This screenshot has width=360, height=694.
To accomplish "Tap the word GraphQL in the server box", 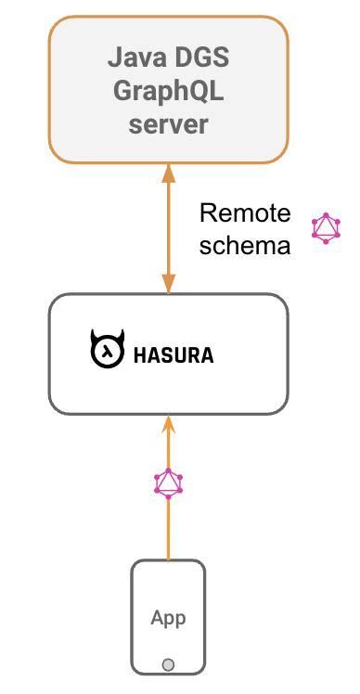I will (x=168, y=94).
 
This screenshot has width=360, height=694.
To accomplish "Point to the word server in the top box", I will (x=168, y=123).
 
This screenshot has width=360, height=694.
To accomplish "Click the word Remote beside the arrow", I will (x=245, y=215).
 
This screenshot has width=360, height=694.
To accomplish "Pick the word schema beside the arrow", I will (x=245, y=246).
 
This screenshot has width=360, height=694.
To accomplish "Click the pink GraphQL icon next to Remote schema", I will (x=327, y=228).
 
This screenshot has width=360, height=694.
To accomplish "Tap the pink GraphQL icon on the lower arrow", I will (x=168, y=482).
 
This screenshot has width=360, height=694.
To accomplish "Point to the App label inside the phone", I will (x=168, y=618).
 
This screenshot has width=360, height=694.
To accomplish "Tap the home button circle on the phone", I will (x=168, y=664).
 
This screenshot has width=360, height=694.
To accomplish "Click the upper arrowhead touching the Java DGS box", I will (x=168, y=173).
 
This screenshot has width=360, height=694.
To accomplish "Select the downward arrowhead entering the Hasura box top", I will (x=168, y=283).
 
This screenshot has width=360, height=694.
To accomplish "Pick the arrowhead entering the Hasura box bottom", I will (x=168, y=425).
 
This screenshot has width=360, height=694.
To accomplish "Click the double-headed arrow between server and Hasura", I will (x=168, y=227).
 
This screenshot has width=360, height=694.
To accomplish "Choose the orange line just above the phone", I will (x=168, y=533).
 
